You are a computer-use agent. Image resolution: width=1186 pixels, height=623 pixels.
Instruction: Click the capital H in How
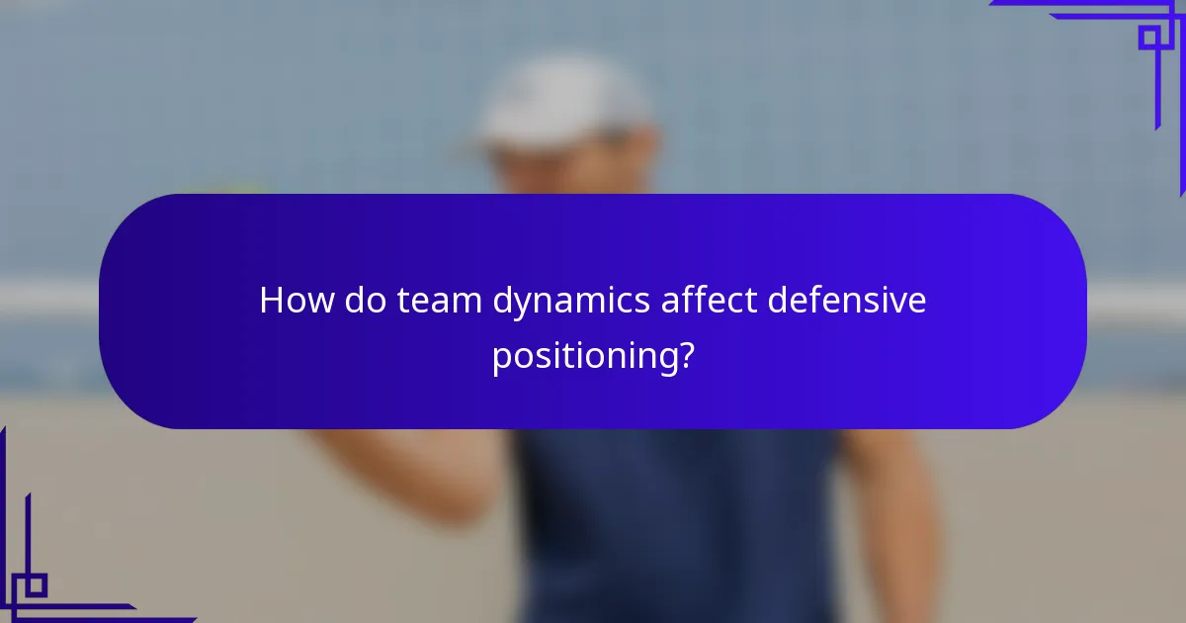[270, 301]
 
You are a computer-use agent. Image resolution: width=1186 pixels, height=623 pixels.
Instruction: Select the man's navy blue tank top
[672, 524]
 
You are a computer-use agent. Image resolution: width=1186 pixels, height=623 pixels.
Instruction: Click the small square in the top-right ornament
[1149, 38]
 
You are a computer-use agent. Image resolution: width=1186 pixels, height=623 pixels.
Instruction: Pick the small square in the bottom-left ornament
[35, 585]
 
